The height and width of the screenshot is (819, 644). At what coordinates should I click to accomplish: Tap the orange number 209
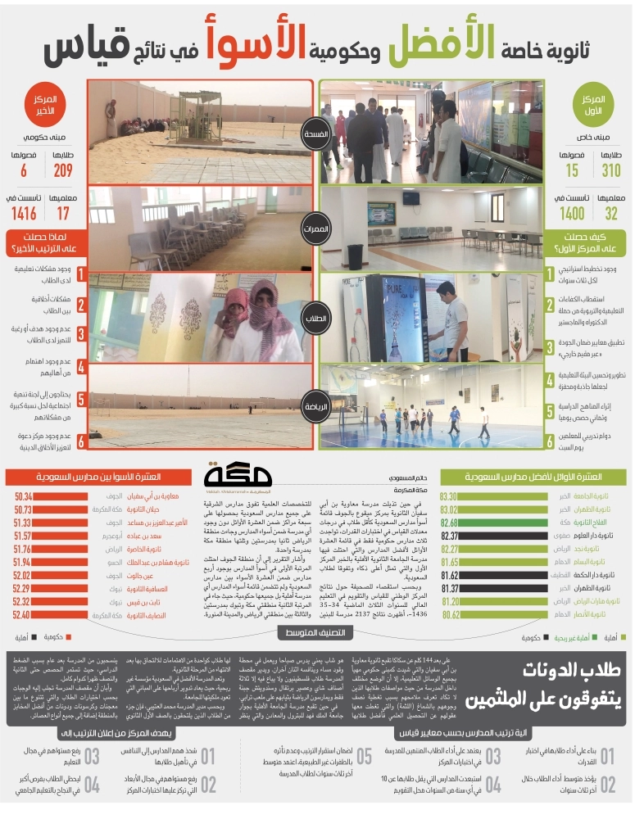(x=61, y=170)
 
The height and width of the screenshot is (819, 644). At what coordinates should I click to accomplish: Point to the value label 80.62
(x=450, y=614)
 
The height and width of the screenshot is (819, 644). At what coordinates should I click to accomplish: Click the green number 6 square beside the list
(x=551, y=441)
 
